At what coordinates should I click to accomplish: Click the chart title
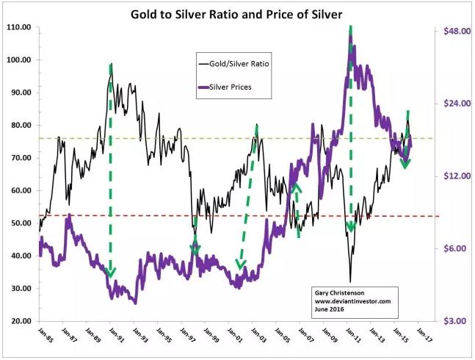[236, 14]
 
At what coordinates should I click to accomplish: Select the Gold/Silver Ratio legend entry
[233, 64]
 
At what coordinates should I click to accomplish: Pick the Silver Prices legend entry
[225, 87]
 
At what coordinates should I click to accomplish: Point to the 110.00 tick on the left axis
[19, 27]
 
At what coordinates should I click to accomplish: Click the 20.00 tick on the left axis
[19, 321]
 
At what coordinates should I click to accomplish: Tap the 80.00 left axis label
[19, 125]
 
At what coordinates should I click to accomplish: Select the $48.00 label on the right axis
[457, 31]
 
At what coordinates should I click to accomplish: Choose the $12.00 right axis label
[457, 176]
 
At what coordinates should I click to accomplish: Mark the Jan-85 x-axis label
[46, 334]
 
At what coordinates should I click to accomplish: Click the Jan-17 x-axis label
[425, 334]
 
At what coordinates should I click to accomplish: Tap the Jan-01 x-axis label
[236, 334]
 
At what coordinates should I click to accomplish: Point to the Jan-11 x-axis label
[354, 334]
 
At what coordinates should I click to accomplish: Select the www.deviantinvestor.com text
[352, 301]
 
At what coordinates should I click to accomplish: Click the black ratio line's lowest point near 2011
[350, 282]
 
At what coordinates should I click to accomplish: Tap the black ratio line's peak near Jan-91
[112, 64]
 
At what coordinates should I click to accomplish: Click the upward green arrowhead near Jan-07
[297, 187]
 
